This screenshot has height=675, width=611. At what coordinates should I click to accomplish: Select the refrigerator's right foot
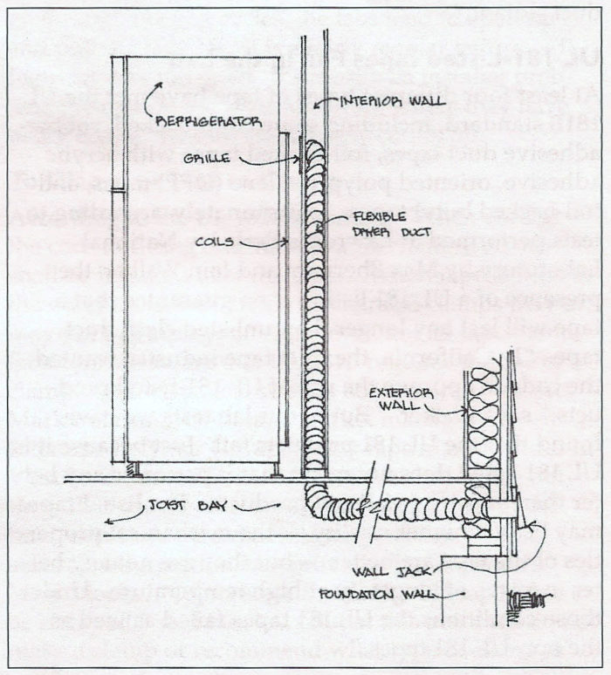coord(278,468)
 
